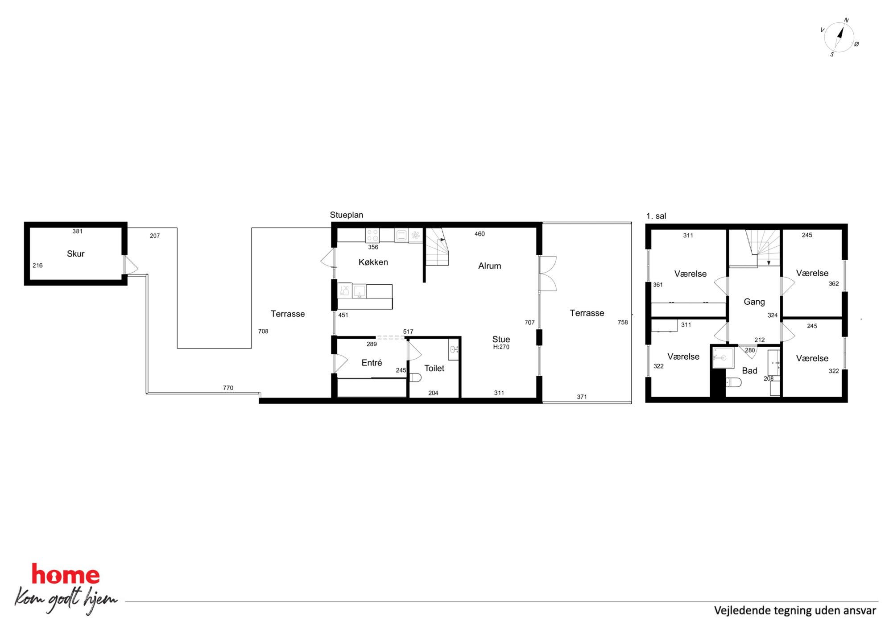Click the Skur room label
click(75, 254)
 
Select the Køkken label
click(373, 262)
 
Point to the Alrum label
click(489, 266)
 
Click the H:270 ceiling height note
click(501, 347)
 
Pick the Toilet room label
click(434, 368)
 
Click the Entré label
click(372, 363)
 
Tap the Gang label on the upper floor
click(754, 302)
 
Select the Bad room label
click(749, 371)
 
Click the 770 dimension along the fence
click(228, 388)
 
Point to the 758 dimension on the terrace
click(622, 322)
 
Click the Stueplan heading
click(346, 215)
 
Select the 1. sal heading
click(656, 216)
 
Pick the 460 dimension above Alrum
click(479, 234)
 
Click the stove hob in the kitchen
click(372, 235)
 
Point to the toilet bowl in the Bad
click(733, 382)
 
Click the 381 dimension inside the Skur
click(77, 231)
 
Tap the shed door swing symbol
click(131, 265)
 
